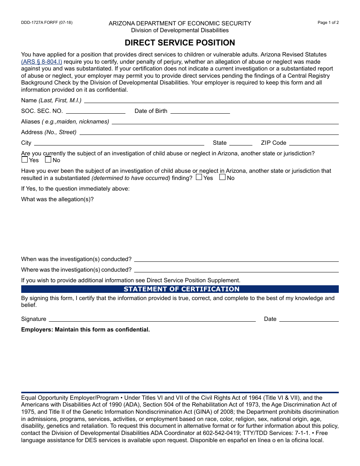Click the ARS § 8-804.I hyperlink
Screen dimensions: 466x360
42,62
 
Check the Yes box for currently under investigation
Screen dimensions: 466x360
25,160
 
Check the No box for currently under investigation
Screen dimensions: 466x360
48,160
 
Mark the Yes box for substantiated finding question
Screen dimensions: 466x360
199,177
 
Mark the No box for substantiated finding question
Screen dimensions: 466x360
222,177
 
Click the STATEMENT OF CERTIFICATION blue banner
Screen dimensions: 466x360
180,289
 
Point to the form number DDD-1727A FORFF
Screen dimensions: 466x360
47,22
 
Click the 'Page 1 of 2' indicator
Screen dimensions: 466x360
328,22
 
